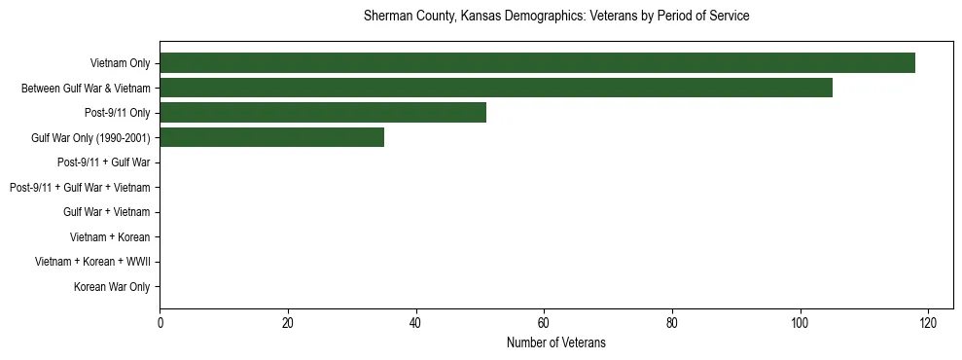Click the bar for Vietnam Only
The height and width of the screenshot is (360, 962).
(537, 63)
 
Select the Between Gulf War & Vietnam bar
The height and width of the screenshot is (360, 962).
(496, 88)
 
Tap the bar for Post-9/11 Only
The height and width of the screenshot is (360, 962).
(323, 113)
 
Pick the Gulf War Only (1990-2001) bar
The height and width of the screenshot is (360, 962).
(271, 137)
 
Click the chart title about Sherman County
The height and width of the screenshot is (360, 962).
(555, 17)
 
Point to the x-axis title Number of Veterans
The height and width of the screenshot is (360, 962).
(555, 342)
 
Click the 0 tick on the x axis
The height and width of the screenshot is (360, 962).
(160, 323)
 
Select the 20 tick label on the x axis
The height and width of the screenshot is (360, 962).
(288, 323)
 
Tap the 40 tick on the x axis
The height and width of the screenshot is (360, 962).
(415, 323)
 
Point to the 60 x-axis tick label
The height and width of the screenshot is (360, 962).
(544, 323)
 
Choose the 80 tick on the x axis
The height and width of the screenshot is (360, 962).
(672, 323)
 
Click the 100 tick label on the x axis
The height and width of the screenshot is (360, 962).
(800, 323)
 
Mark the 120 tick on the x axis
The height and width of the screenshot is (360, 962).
(928, 323)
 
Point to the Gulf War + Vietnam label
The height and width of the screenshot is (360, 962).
(106, 212)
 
